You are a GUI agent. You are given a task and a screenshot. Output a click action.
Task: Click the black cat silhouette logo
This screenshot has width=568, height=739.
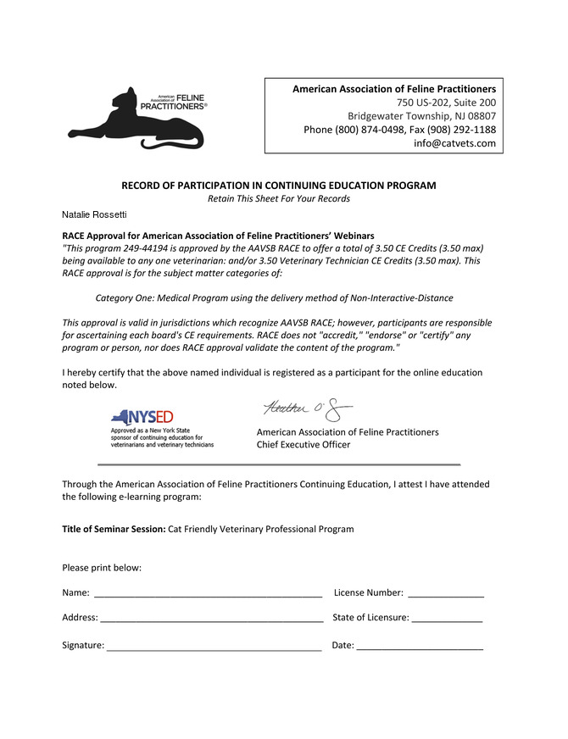tap(136, 119)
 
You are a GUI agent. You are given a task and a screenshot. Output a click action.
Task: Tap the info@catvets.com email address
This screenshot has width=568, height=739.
tap(454, 143)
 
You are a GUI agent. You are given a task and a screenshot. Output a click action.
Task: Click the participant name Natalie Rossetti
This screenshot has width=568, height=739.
tap(94, 217)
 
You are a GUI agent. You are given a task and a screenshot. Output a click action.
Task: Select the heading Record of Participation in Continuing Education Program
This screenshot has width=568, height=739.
tap(278, 185)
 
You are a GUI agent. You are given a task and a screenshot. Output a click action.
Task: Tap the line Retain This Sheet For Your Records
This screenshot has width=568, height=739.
tap(278, 198)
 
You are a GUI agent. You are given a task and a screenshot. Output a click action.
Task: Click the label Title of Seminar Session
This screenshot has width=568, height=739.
tap(114, 529)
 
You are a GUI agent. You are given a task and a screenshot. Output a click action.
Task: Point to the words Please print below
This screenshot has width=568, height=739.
tap(102, 567)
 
